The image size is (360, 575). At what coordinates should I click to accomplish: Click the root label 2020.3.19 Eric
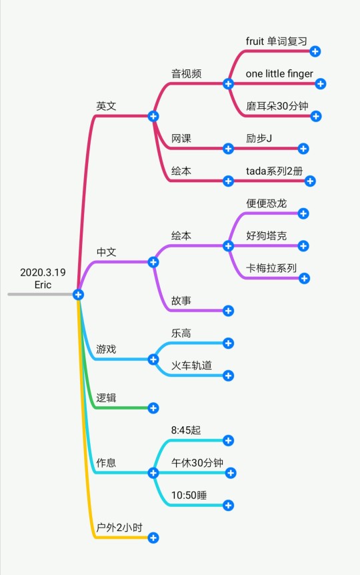click(43, 278)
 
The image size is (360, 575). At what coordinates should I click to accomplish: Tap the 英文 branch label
click(106, 106)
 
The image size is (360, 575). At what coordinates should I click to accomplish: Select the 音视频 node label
click(186, 73)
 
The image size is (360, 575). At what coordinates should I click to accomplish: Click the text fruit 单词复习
click(277, 41)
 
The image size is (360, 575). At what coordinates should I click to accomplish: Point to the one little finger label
click(279, 73)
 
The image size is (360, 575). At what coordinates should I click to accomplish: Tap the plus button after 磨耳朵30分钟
click(315, 116)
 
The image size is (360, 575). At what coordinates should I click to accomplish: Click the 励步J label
click(259, 138)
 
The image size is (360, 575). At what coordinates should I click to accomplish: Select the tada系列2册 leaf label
click(274, 171)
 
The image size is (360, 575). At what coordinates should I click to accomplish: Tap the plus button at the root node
click(78, 294)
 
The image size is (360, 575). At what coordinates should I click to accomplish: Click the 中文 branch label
click(106, 252)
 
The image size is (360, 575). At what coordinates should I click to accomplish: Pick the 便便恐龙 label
click(266, 203)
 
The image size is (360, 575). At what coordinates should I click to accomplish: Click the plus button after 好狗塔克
click(303, 246)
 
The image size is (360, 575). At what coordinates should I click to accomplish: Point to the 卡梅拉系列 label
click(271, 268)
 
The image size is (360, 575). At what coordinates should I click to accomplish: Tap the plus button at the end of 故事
click(228, 311)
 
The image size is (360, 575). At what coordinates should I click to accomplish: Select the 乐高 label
click(181, 333)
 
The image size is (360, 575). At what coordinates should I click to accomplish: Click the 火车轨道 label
click(191, 366)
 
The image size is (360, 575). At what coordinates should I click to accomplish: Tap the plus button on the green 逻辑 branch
click(153, 408)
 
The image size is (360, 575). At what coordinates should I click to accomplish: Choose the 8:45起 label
click(186, 430)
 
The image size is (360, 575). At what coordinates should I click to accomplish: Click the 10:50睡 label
click(189, 495)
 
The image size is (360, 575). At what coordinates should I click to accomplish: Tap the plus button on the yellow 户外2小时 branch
click(153, 538)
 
